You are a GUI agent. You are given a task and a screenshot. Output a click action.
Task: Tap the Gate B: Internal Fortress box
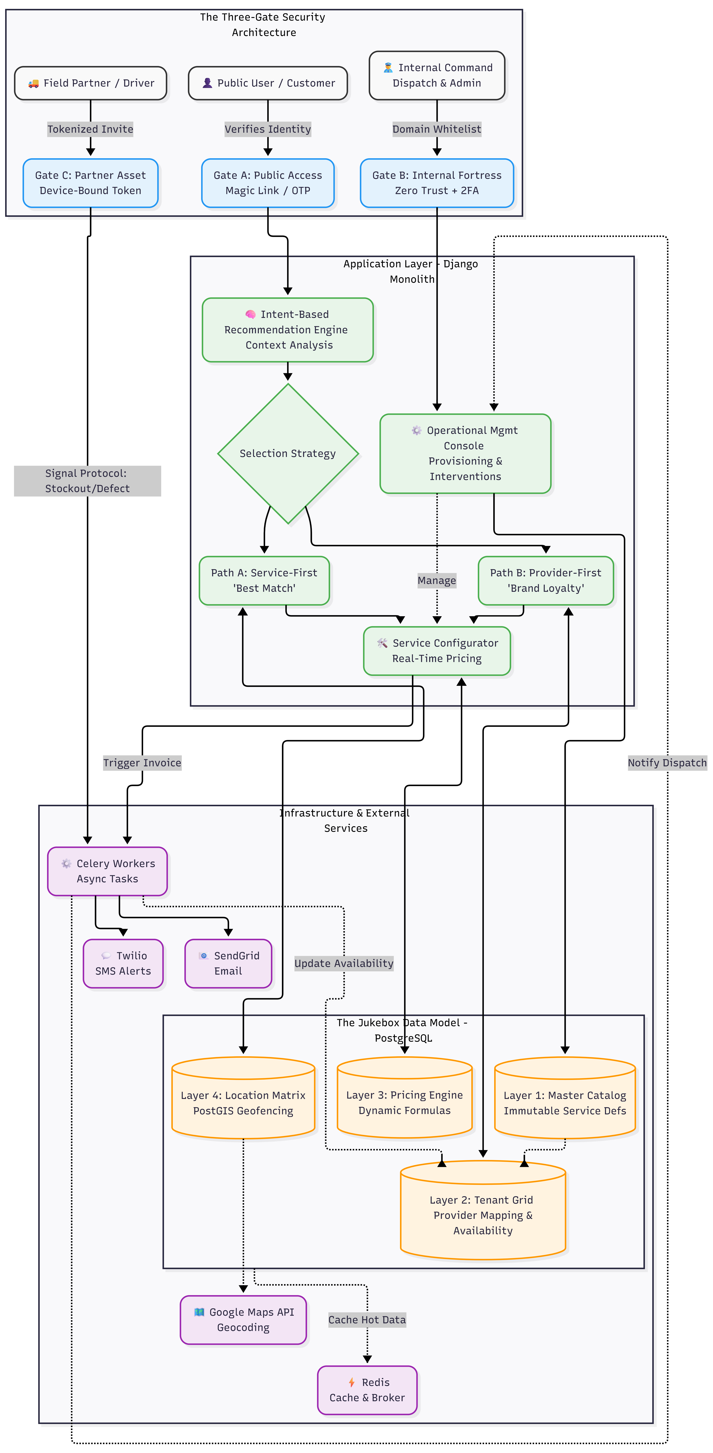pos(437,183)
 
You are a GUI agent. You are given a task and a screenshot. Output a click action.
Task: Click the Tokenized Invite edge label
pos(90,129)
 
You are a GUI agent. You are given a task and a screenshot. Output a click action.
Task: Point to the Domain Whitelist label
pos(437,129)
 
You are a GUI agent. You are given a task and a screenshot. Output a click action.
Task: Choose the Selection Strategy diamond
pos(288,454)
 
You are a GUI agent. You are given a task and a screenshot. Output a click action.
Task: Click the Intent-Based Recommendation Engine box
pos(288,329)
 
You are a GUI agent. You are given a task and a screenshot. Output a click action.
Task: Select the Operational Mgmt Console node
pos(465,454)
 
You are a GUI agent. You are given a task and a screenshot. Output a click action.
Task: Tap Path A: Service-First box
pos(264,580)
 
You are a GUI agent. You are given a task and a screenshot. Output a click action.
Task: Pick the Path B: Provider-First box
pos(545,580)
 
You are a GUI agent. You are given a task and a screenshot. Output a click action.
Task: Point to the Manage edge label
pos(437,580)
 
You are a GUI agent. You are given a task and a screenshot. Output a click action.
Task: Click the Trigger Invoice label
pos(142,763)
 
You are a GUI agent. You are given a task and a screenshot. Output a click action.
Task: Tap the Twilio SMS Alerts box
pos(123,963)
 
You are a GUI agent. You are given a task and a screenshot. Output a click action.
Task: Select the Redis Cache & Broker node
pos(367,1390)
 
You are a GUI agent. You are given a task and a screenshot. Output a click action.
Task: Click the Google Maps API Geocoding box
pos(243,1320)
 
